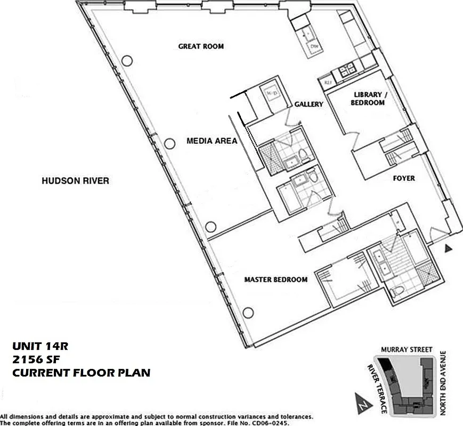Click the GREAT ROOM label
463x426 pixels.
click(x=201, y=46)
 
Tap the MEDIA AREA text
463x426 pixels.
click(x=212, y=141)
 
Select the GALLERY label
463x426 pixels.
click(x=309, y=104)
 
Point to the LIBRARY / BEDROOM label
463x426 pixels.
click(x=368, y=99)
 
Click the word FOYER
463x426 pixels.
click(x=404, y=178)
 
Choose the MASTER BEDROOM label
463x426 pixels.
click(x=275, y=280)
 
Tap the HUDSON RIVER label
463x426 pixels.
click(x=75, y=181)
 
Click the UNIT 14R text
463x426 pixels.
click(x=40, y=347)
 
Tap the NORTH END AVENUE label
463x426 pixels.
click(x=443, y=383)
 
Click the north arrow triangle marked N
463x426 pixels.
click(x=362, y=402)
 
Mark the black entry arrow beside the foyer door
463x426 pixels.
click(x=449, y=248)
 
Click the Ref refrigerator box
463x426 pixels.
click(x=324, y=83)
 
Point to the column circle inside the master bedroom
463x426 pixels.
click(x=247, y=313)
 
